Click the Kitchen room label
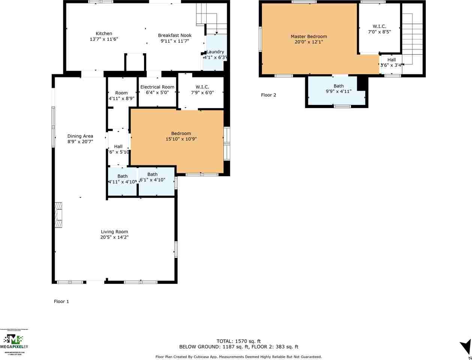[103, 34]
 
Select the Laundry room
[215, 52]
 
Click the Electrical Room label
[157, 87]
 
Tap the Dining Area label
[80, 136]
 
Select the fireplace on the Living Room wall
[58, 215]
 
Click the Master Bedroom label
[309, 36]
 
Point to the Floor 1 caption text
[61, 301]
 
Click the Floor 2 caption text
[268, 95]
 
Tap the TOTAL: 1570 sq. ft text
[238, 341]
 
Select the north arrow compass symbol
[466, 346]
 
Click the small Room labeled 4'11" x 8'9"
[121, 96]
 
